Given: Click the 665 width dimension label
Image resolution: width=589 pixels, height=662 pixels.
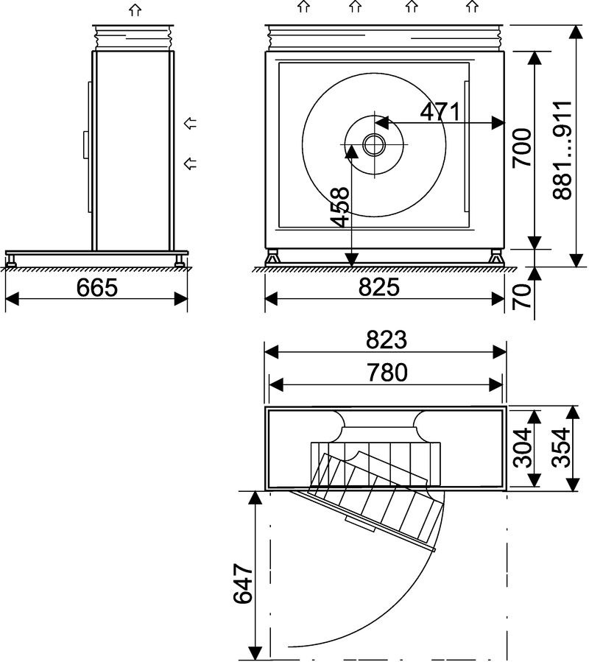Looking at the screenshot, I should tap(96, 287).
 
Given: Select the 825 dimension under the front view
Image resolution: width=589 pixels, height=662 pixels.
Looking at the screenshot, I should tap(380, 287).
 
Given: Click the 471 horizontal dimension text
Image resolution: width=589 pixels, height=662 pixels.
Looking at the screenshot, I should tap(440, 112).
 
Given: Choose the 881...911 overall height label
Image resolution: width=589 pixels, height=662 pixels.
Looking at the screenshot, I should tap(562, 149).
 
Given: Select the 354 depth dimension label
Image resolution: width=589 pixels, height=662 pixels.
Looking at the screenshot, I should tap(562, 448).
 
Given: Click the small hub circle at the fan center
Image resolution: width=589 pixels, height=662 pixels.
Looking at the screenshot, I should tap(374, 144).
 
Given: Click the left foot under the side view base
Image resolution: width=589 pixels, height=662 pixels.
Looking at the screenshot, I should tap(12, 261).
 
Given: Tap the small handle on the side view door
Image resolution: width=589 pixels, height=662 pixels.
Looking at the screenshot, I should tap(85, 143).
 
